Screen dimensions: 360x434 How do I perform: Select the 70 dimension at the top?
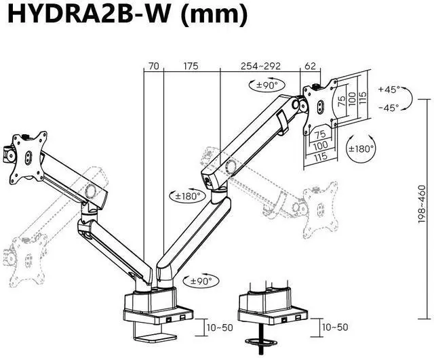[x=154, y=66]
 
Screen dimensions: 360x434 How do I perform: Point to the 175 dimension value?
[x=191, y=66]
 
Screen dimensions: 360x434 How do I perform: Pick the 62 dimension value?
[x=311, y=66]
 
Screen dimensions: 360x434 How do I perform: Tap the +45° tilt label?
[x=389, y=89]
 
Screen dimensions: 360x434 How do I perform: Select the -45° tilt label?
[x=389, y=107]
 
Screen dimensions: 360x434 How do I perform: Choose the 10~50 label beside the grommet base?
[x=335, y=327]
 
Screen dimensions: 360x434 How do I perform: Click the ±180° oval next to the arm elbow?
[x=186, y=196]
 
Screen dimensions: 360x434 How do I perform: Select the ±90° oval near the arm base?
[x=200, y=281]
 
